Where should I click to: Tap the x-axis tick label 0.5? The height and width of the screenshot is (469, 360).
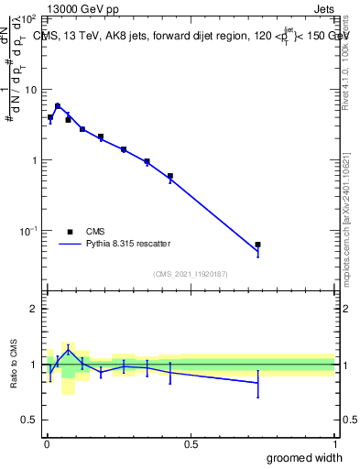point(190,444)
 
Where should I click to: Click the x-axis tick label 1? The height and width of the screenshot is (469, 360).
point(334,444)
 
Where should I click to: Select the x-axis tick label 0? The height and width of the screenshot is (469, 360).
point(46,444)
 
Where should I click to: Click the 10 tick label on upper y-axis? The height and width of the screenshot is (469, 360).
point(32,90)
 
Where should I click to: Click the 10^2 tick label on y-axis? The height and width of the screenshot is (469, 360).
point(30,19)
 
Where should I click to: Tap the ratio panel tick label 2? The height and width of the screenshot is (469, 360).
point(35,309)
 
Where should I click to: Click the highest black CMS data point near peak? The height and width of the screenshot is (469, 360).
point(58,106)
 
